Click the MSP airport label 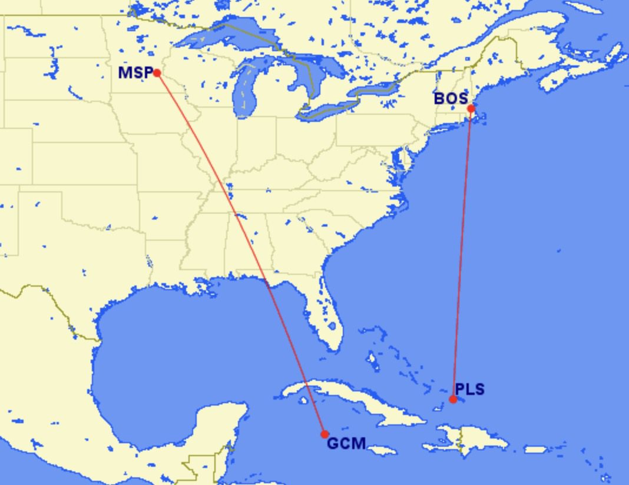click(x=135, y=73)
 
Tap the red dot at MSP click(x=157, y=73)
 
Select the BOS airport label click(x=450, y=98)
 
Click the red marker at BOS click(x=471, y=108)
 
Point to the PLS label click(x=469, y=389)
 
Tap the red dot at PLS click(x=453, y=399)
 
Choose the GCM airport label click(x=346, y=443)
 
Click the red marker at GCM click(x=325, y=434)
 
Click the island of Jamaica click(x=383, y=450)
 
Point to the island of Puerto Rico click(x=535, y=450)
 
